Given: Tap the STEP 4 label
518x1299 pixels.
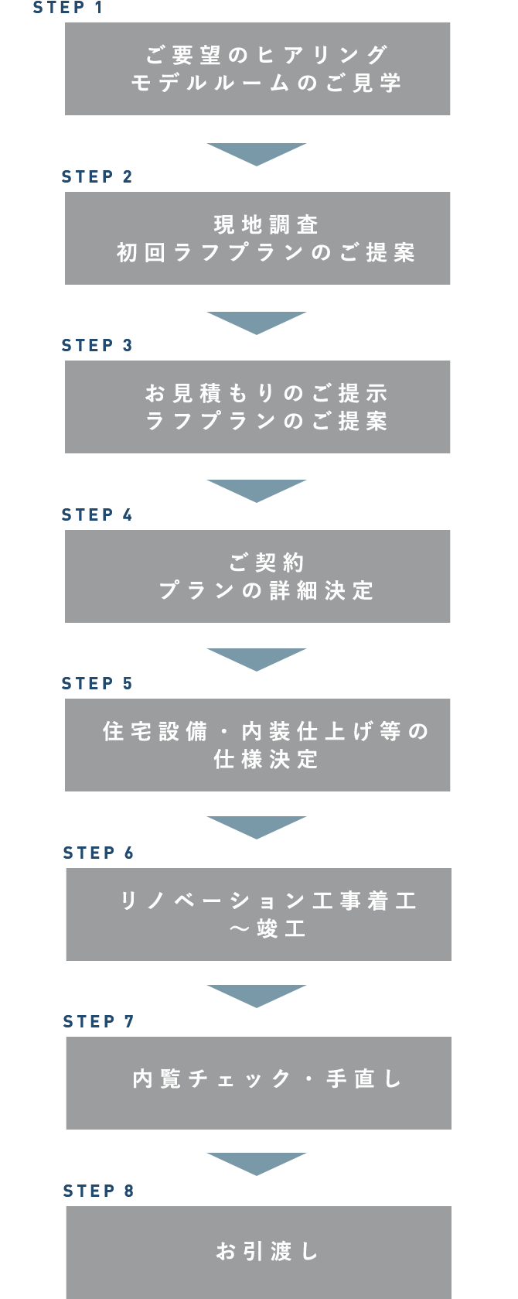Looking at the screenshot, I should pos(97,514).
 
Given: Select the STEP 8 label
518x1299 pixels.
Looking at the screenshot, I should pos(98,1191).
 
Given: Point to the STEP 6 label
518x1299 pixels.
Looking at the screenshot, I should pos(98,853).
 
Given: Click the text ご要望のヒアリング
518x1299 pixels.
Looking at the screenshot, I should pos(266,55).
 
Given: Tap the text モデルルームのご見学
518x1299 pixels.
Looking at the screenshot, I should pos(266,84).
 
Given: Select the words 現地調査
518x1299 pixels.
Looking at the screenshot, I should pos(266,224).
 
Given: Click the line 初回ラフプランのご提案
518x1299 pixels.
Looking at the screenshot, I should pos(266,253).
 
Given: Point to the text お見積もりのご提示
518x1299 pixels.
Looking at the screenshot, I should pos(266,393).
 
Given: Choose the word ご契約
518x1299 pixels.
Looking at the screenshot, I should pos(266,562).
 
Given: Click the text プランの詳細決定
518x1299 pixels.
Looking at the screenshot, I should pos(266,591).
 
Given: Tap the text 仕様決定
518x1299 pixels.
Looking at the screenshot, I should pos(266,760).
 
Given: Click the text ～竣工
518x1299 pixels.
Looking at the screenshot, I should pos(268,929).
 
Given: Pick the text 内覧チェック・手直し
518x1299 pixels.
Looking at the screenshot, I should pos(268,1079).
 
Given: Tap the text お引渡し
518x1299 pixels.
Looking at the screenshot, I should pos(268,1251).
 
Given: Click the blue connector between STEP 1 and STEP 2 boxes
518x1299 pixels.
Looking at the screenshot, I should pos(256,155).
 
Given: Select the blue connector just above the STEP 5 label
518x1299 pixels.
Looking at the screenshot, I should pos(256,660).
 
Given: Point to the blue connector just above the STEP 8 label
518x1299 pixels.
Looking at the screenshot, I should pos(256,1164).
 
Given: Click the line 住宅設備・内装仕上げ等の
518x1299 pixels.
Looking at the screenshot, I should pos(266,731).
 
